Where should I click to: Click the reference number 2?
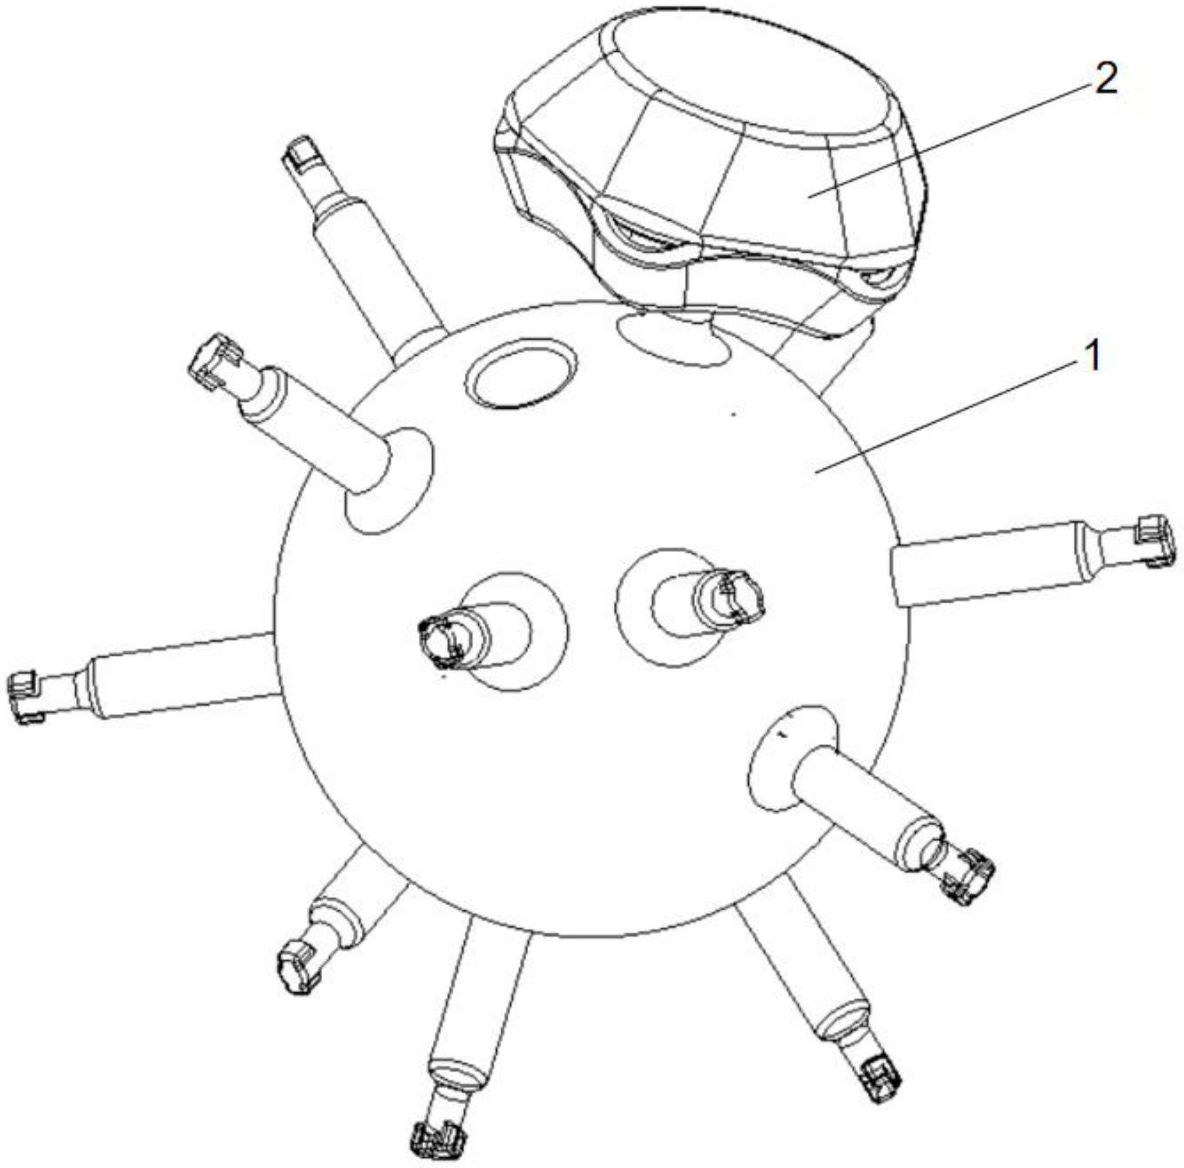coord(1105,79)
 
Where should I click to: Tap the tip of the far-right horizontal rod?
coord(1155,541)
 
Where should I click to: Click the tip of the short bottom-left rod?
coord(298,966)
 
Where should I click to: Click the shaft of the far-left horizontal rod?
coord(181,675)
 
